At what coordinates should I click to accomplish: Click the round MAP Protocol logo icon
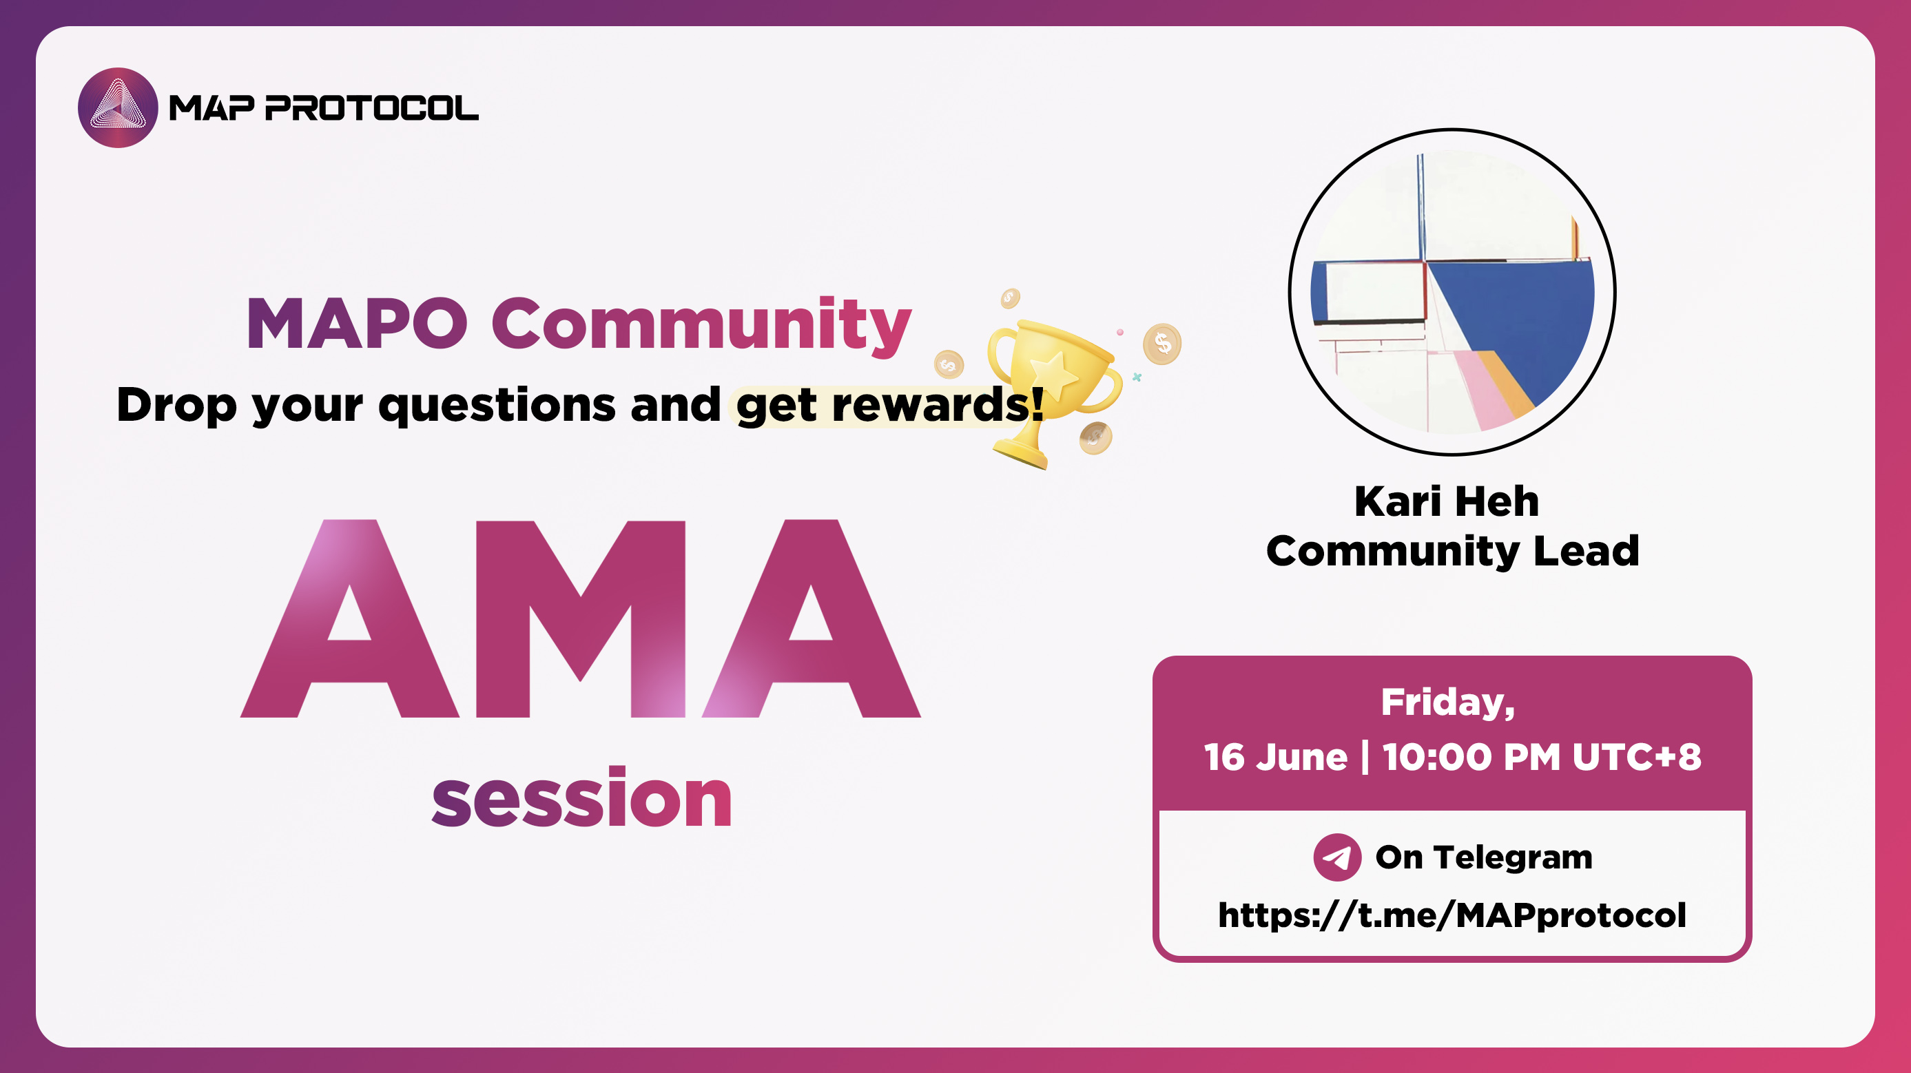(118, 107)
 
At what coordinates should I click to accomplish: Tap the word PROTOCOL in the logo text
(372, 108)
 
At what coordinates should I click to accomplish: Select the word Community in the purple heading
(701, 324)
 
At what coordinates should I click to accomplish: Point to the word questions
(497, 406)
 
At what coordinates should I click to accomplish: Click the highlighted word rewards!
(938, 405)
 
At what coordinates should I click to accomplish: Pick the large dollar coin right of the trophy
(1161, 344)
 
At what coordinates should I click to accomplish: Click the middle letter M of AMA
(580, 619)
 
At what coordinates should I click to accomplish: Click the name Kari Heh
(1447, 501)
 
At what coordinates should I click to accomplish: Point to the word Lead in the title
(1586, 551)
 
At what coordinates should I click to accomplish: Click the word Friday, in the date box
(1447, 702)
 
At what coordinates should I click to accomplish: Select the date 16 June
(1275, 757)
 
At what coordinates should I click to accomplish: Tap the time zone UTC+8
(1637, 757)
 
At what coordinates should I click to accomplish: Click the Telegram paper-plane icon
(1337, 857)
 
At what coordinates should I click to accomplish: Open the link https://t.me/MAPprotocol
(1452, 915)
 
